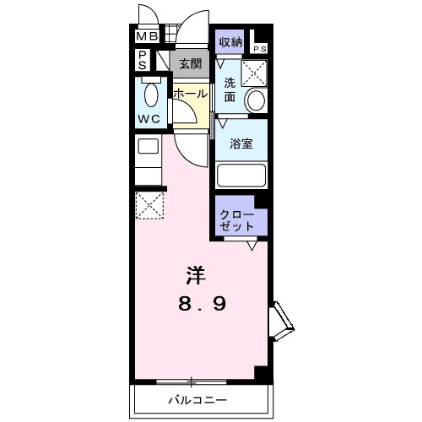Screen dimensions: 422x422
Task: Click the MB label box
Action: click(x=148, y=37)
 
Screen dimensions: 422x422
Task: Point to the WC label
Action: click(x=149, y=119)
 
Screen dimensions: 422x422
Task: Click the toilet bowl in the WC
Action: click(x=152, y=94)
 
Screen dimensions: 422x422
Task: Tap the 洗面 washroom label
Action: click(x=229, y=89)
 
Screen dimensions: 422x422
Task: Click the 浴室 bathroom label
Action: click(x=241, y=143)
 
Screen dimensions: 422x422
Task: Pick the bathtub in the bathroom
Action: click(x=241, y=175)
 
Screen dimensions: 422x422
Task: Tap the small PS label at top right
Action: click(x=259, y=49)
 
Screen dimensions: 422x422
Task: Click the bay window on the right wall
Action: click(x=280, y=322)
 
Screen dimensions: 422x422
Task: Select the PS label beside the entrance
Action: click(x=144, y=62)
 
